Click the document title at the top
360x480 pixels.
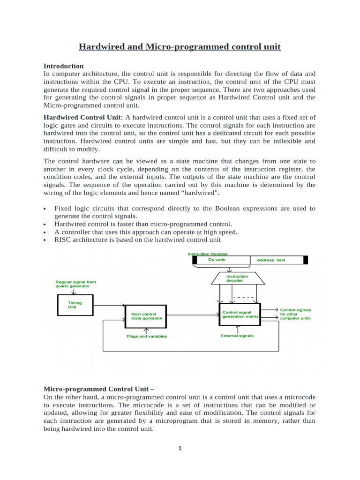pos(180,46)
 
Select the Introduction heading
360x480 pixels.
pos(63,66)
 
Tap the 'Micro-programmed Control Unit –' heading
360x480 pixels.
pos(99,389)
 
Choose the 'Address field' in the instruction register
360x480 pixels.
pos(271,260)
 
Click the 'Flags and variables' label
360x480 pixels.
pos(146,336)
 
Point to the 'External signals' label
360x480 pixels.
pos(237,336)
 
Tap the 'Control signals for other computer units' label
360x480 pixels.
pos(295,314)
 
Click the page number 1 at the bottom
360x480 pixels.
pos(180,448)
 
